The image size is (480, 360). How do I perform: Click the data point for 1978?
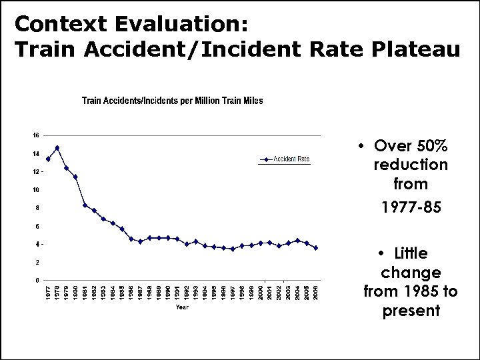(x=57, y=147)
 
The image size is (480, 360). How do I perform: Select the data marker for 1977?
(x=48, y=159)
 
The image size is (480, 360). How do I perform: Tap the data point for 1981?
(x=85, y=205)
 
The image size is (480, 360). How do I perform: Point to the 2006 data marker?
(x=315, y=247)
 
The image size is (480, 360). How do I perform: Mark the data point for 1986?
(x=131, y=239)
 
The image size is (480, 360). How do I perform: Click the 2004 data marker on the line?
(x=297, y=240)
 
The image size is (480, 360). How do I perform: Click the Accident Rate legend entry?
(x=285, y=159)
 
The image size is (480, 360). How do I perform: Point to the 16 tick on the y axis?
(x=36, y=135)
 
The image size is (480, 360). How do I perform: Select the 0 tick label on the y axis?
(x=37, y=280)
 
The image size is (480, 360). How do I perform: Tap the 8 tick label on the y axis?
(x=37, y=208)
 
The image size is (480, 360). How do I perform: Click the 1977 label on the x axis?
(x=48, y=292)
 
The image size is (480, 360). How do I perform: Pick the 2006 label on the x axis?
(x=315, y=292)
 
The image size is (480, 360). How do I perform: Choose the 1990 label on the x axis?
(x=168, y=292)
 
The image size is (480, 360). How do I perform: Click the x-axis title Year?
(x=182, y=307)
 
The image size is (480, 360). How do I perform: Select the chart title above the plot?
(x=172, y=101)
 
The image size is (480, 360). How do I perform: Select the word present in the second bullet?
(x=411, y=311)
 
